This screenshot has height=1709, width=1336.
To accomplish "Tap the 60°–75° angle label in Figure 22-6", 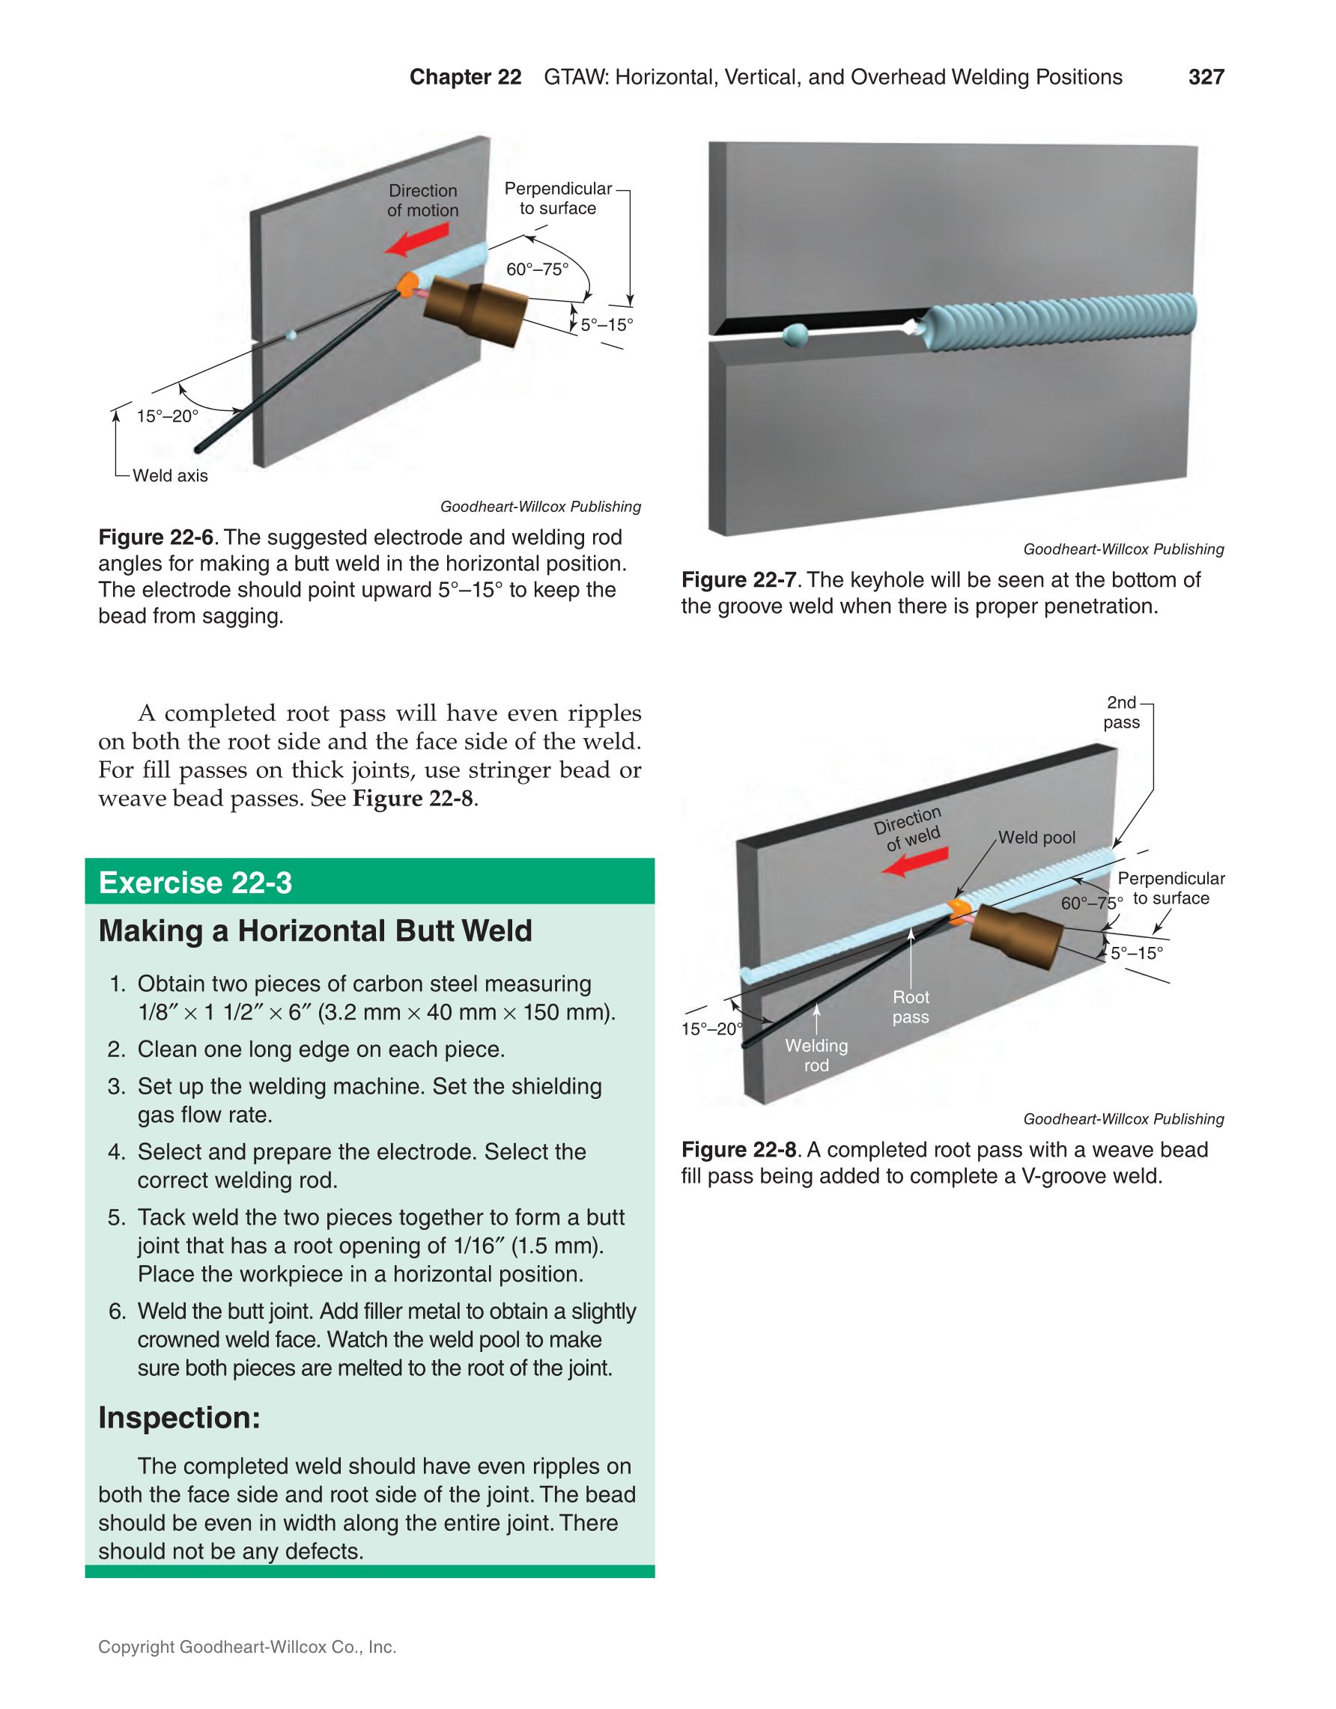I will (537, 269).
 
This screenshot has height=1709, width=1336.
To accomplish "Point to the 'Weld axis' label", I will (170, 476).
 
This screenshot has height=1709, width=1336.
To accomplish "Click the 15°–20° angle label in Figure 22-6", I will (168, 416).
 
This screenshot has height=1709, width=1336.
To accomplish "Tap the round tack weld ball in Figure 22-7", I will (795, 335).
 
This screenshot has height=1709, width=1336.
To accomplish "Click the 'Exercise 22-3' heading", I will (195, 883).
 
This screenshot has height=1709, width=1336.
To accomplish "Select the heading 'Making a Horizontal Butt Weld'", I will (315, 931).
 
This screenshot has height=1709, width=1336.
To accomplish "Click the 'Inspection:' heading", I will (179, 1418).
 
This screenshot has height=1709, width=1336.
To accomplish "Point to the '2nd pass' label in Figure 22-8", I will (1122, 712).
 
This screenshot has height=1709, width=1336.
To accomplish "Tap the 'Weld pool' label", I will (1036, 838).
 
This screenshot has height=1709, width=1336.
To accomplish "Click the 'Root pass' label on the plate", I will (910, 1007).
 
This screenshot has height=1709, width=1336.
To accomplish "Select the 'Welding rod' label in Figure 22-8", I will (816, 1055).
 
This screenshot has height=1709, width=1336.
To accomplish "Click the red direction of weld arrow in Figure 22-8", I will (915, 862).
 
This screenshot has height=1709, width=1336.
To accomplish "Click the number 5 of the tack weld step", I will (116, 1218).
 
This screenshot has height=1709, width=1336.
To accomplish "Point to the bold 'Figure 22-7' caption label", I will (738, 580).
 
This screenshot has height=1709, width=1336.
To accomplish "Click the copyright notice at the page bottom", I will (247, 1646).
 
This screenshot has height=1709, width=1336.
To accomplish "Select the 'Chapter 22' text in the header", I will (465, 76).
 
